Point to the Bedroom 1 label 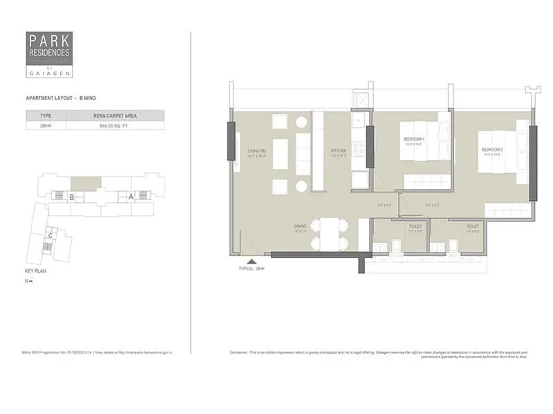click(413, 140)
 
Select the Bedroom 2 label click(492, 150)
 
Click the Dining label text click(300, 226)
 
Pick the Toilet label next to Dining click(415, 226)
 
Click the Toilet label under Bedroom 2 click(472, 226)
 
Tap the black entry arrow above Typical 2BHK click(251, 262)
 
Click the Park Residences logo click(48, 54)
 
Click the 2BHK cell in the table click(46, 126)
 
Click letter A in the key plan click(130, 196)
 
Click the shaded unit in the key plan click(86, 184)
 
